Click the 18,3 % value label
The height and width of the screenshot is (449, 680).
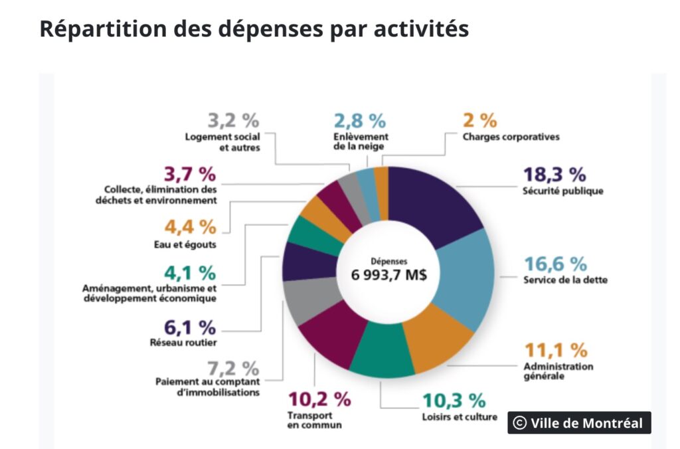(x=555, y=175)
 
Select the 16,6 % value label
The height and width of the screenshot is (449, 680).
(x=555, y=264)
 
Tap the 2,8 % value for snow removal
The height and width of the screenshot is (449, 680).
(x=359, y=121)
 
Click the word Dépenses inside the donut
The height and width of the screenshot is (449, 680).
(x=388, y=261)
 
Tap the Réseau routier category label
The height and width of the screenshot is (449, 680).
(x=183, y=343)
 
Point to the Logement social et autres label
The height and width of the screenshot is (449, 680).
(x=222, y=142)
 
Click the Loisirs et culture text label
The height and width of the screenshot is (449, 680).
(x=460, y=417)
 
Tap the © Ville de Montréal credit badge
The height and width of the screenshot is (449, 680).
(x=579, y=423)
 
